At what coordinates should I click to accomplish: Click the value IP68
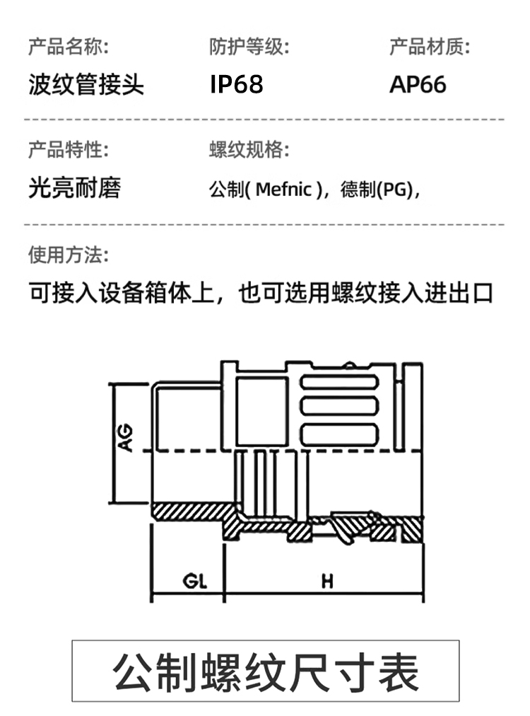point(236,85)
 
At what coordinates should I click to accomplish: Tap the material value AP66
point(418,85)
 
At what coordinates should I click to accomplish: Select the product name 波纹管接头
point(86,85)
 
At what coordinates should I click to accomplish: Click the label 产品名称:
point(68,47)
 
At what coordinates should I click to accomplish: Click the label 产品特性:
point(68,150)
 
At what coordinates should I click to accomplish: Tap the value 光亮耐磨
point(74,187)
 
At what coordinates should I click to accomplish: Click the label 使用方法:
point(68,254)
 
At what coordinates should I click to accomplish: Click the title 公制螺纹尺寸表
point(266,671)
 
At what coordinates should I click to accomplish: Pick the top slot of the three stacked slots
point(338,385)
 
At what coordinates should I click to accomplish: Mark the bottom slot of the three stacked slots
point(338,433)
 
